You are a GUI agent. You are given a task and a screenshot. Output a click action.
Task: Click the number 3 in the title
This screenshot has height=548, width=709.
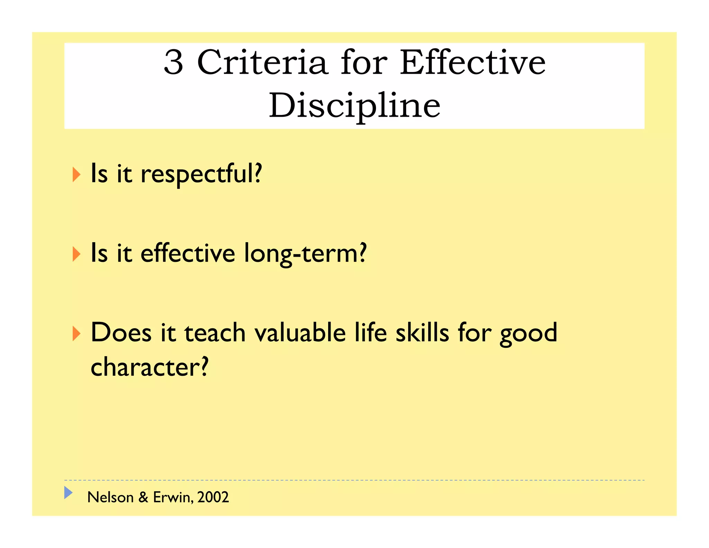coord(173,62)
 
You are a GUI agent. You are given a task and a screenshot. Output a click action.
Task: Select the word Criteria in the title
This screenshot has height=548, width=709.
coord(262,62)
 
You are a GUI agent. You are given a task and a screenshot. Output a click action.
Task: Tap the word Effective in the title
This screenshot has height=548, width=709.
coord(473,62)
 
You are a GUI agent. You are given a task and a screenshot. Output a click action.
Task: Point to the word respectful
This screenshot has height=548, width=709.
coord(201,174)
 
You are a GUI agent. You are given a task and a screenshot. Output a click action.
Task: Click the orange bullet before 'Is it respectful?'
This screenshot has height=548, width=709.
coord(77,175)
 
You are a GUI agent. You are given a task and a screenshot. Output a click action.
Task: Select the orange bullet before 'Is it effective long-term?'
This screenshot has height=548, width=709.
coord(77,254)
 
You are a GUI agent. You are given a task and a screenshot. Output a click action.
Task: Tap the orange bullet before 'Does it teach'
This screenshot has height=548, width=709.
coord(77,334)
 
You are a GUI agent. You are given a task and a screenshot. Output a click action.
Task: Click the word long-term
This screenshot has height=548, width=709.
coord(305,254)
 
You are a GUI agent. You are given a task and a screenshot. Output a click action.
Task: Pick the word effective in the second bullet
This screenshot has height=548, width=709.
coord(188,254)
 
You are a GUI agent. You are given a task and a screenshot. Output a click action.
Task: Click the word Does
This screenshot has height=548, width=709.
coord(121,333)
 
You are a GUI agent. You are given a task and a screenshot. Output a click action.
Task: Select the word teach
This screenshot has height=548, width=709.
coord(215,333)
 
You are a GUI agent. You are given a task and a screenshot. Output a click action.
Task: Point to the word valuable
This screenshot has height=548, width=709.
coord(300,333)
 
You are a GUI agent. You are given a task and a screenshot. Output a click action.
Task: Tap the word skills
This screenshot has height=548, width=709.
coord(422,333)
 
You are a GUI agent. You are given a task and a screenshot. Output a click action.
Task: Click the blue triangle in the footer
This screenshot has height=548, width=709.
coord(68,493)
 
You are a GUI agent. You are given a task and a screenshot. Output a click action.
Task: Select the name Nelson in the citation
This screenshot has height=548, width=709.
coord(110,497)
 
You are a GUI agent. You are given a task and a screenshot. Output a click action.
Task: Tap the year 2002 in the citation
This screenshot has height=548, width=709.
coord(213,497)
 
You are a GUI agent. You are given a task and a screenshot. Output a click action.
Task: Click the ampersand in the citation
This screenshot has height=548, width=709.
coord(143,497)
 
